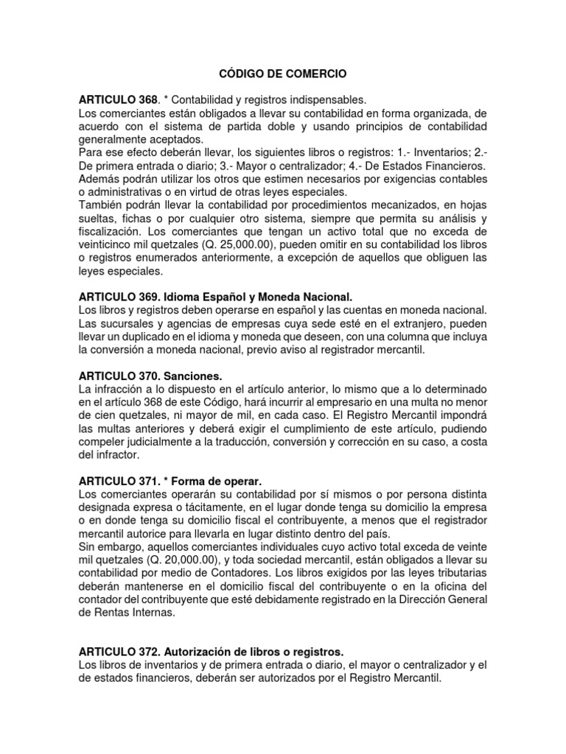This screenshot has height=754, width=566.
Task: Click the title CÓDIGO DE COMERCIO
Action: coord(283,74)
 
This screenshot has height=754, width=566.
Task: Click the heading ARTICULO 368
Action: coord(119,99)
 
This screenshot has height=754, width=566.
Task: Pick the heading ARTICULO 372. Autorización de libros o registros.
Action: coord(211,652)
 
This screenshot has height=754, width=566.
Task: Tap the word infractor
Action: coord(116,455)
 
